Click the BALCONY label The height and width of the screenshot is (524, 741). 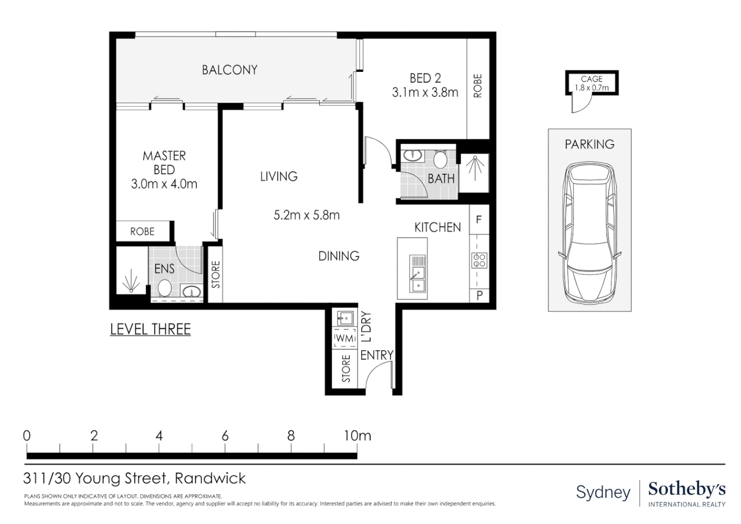[x=229, y=70]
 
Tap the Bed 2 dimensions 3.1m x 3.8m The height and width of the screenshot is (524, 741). [x=425, y=92]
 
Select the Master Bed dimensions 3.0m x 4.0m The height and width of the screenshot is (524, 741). [x=164, y=184]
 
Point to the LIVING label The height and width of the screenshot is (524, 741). [x=279, y=177]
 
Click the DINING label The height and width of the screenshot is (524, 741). [x=338, y=256]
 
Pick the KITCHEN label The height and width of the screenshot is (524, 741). [x=437, y=227]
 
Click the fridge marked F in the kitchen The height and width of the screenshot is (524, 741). [x=479, y=220]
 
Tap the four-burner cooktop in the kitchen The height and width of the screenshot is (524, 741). [x=479, y=261]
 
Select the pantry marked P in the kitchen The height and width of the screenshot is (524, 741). [x=479, y=295]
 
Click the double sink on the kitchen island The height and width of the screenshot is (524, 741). [x=417, y=274]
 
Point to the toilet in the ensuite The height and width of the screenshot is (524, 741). [x=164, y=287]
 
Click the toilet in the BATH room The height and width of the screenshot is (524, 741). [x=440, y=159]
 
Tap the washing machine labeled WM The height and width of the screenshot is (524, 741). [x=345, y=338]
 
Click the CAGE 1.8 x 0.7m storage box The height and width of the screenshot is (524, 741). [x=592, y=83]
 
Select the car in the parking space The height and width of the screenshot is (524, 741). [x=590, y=233]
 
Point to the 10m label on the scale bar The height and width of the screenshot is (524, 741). [x=357, y=436]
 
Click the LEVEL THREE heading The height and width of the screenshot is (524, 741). [x=150, y=329]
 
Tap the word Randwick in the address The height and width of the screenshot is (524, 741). [x=210, y=478]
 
